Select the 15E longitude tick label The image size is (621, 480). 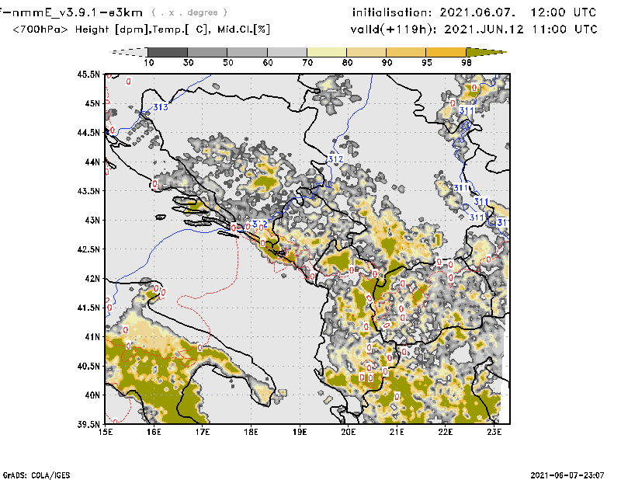pyautogui.click(x=106, y=431)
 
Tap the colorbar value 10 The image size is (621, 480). pyautogui.click(x=149, y=61)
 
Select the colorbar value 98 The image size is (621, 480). pyautogui.click(x=467, y=61)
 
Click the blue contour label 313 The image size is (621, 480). pyautogui.click(x=161, y=107)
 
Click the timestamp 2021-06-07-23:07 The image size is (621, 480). pyautogui.click(x=566, y=474)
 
